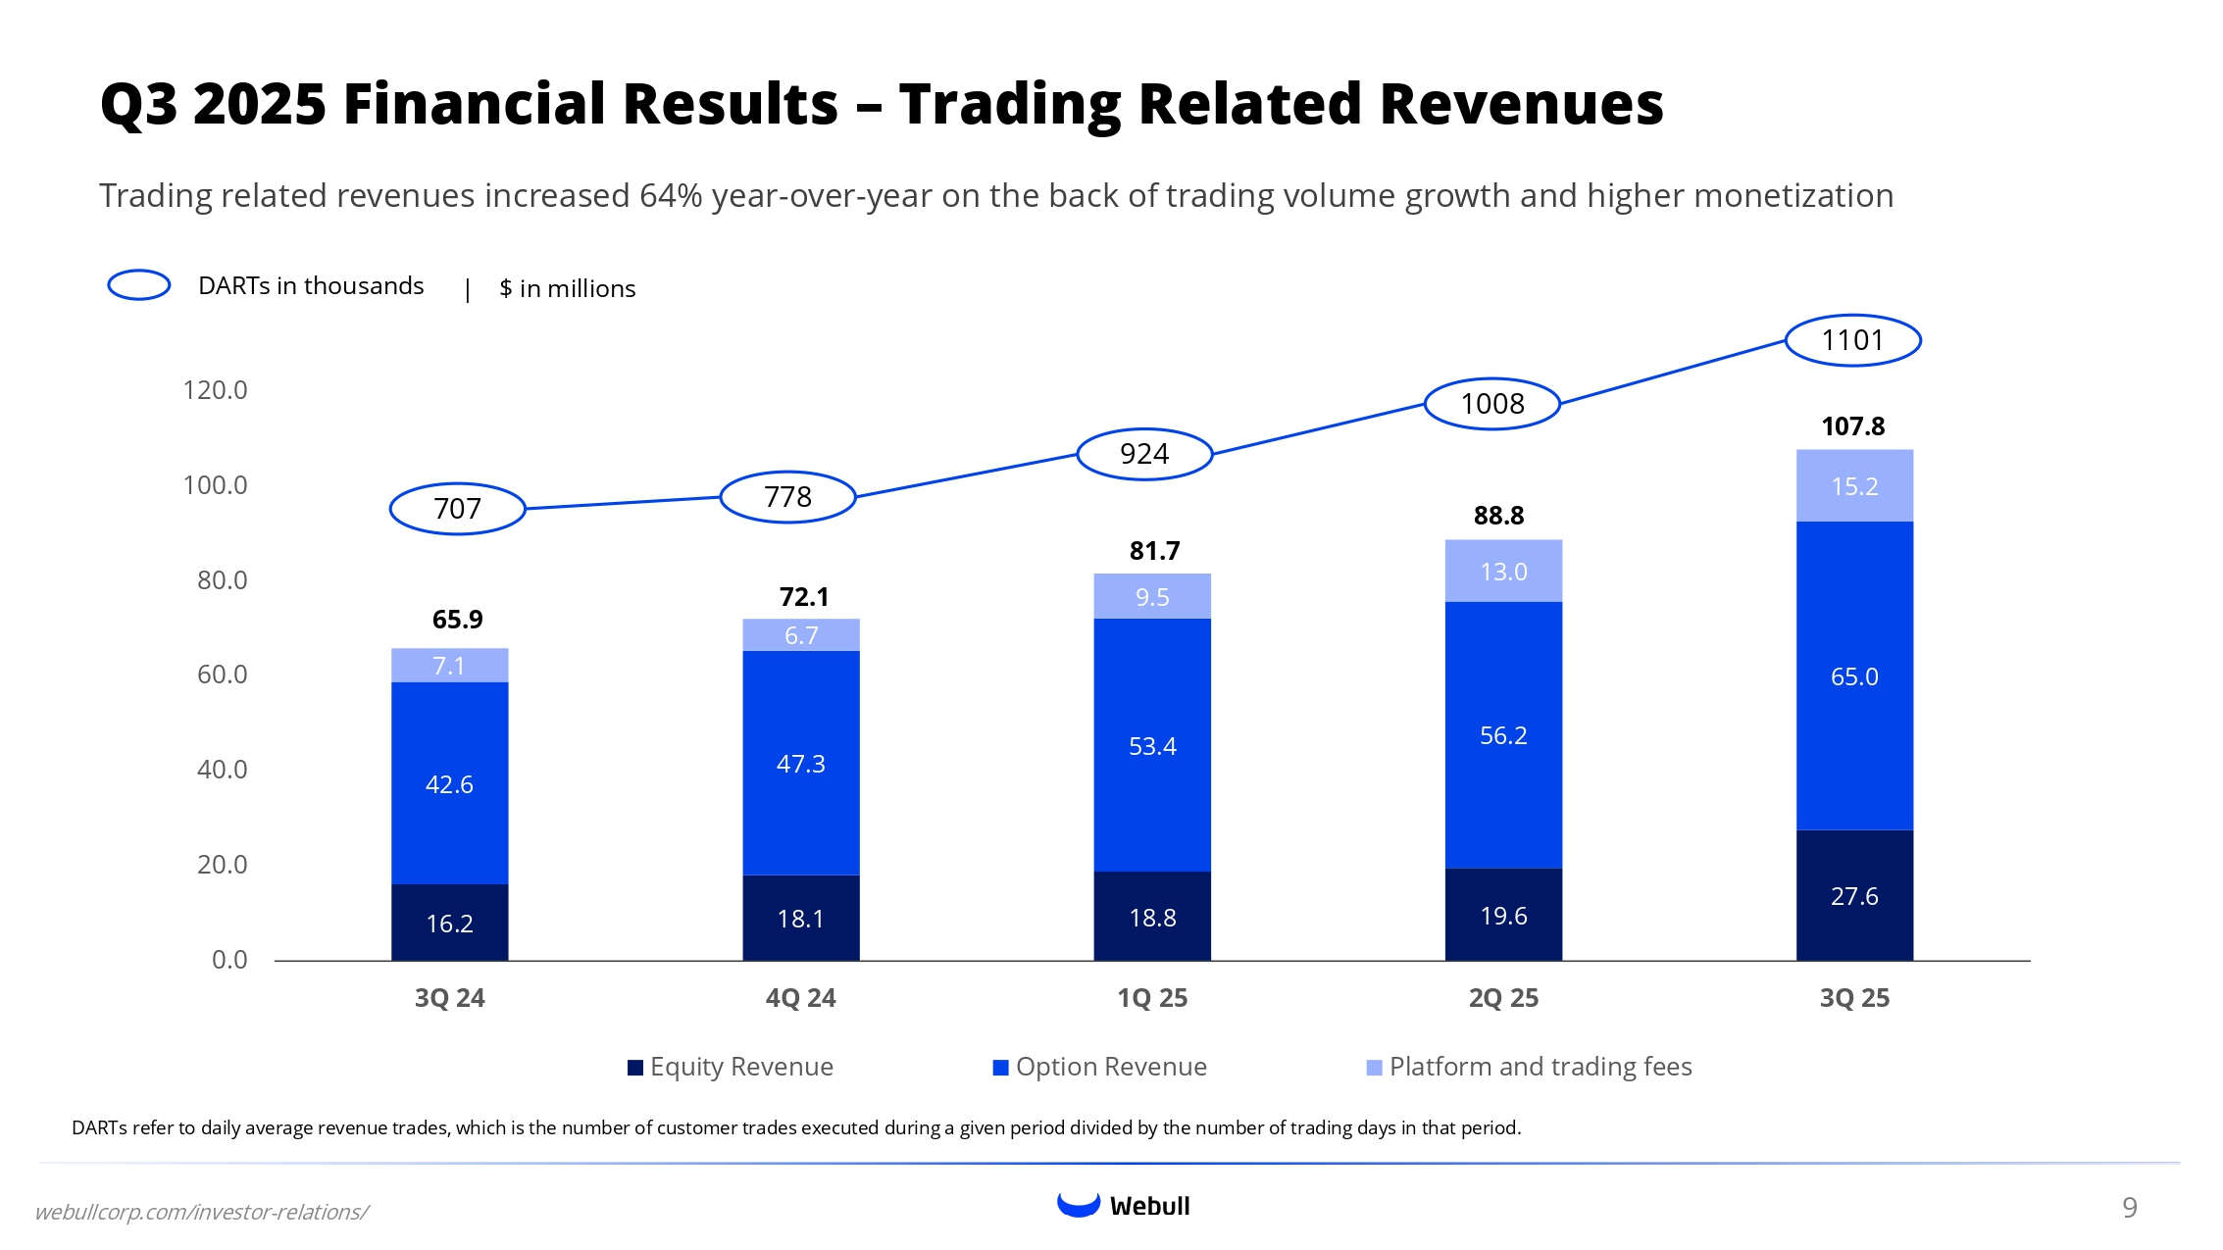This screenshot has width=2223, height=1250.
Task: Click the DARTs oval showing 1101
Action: click(x=1852, y=340)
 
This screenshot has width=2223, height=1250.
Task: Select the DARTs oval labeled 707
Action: click(x=457, y=509)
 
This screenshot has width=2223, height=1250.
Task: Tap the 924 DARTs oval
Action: click(x=1144, y=454)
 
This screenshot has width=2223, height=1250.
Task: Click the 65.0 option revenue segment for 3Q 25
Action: click(x=1854, y=676)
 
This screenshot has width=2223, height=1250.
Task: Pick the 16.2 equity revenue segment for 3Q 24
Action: click(x=449, y=923)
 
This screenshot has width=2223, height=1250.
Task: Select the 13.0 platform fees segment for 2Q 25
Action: click(x=1503, y=572)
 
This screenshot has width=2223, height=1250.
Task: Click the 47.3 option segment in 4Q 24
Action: click(x=800, y=764)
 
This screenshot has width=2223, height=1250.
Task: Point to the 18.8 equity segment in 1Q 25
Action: click(x=1152, y=918)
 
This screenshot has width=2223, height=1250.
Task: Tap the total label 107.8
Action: click(x=1852, y=426)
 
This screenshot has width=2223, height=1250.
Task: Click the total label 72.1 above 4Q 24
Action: click(x=804, y=597)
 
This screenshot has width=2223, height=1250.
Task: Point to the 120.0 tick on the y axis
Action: click(x=215, y=390)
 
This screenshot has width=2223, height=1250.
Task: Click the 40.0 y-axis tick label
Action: click(x=222, y=770)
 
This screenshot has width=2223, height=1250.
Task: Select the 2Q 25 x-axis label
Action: click(x=1503, y=998)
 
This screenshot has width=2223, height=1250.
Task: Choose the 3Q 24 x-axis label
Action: click(x=449, y=998)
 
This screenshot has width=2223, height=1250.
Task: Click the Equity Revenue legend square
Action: click(x=635, y=1068)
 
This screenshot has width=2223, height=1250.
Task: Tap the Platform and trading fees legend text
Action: click(x=1540, y=1067)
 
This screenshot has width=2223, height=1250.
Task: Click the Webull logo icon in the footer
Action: click(x=1079, y=1205)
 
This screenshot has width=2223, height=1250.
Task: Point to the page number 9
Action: click(x=2129, y=1208)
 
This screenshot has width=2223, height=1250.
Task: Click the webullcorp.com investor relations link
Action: click(x=202, y=1213)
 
